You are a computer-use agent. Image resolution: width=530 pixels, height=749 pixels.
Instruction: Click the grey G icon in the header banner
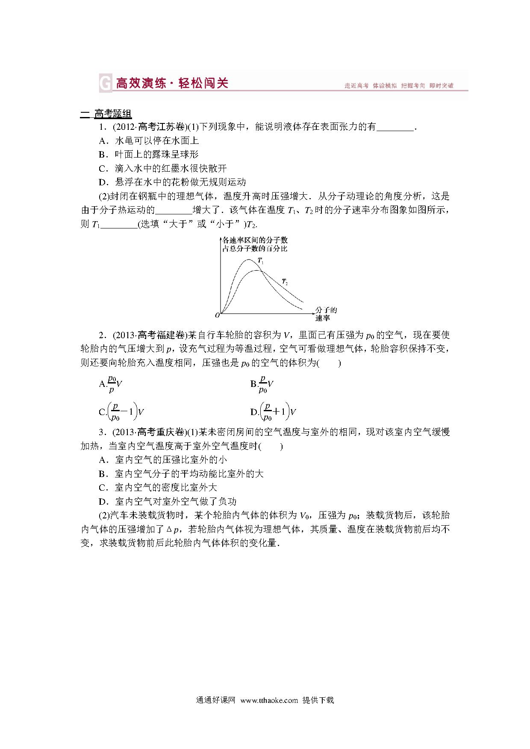(104, 83)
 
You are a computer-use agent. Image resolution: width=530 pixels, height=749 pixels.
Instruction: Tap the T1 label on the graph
(260, 261)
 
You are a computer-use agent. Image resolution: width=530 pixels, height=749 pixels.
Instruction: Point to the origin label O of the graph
(217, 315)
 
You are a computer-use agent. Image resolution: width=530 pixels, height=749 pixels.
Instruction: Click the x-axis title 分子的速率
(326, 314)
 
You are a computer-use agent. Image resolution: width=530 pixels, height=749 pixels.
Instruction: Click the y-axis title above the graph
(255, 245)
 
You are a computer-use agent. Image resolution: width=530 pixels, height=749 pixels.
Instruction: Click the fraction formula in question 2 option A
(111, 383)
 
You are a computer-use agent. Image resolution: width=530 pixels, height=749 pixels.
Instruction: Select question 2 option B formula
(262, 383)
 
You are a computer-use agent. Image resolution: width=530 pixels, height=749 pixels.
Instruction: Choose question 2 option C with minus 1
(121, 412)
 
